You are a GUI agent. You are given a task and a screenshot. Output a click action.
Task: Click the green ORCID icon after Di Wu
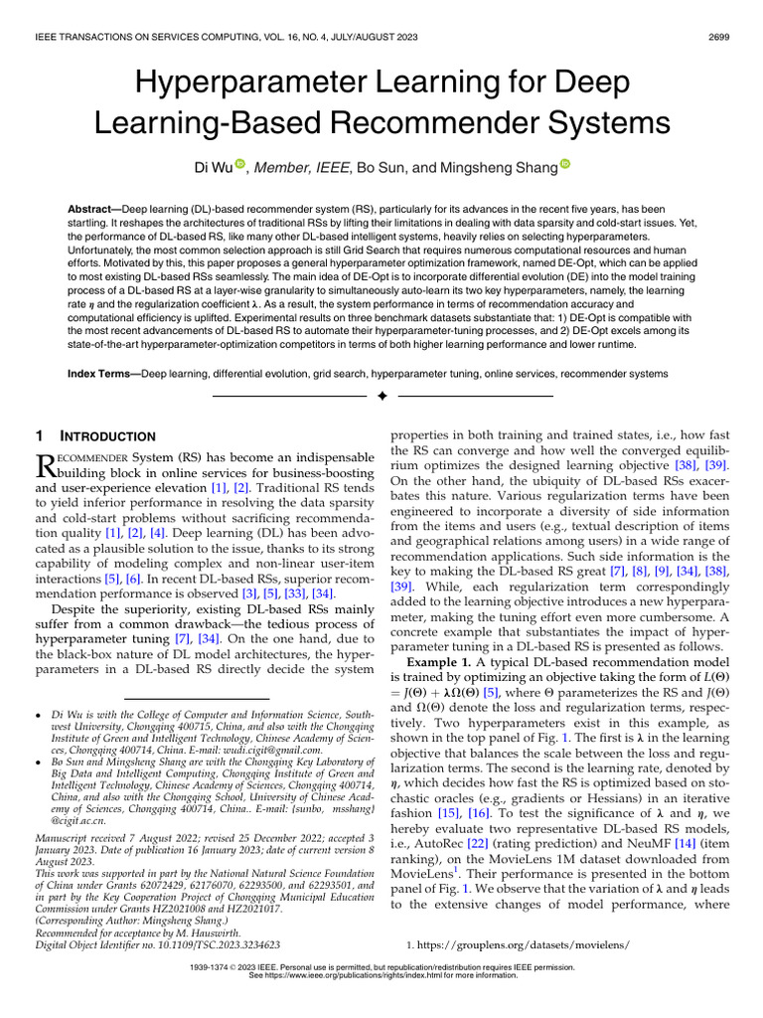point(239,167)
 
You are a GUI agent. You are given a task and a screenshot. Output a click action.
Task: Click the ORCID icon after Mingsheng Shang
point(565,167)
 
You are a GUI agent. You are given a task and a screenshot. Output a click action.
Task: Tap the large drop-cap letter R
point(50,465)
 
